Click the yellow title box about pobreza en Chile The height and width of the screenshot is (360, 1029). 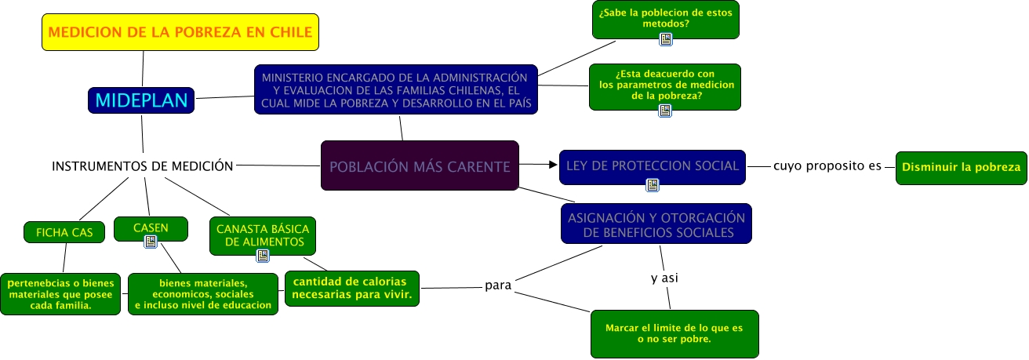(x=180, y=32)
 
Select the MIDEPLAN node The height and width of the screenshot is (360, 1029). (x=141, y=100)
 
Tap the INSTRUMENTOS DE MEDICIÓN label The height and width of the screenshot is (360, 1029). (x=142, y=165)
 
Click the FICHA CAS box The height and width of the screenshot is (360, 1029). (x=64, y=232)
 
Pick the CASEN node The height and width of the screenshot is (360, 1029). (x=151, y=227)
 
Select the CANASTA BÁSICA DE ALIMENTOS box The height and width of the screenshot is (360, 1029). (x=263, y=235)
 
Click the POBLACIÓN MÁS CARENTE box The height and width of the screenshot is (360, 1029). (x=420, y=165)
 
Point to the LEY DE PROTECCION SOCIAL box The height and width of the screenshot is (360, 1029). (x=652, y=165)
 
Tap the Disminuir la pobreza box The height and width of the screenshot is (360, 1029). (x=961, y=167)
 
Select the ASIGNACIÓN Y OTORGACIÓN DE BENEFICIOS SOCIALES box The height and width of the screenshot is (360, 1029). (x=656, y=224)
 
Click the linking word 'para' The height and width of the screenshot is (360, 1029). (x=498, y=285)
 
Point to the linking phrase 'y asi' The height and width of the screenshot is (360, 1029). (x=664, y=278)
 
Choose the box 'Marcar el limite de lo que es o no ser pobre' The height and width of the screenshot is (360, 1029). (x=674, y=334)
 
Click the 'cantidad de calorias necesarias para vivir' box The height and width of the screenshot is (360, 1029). (x=351, y=289)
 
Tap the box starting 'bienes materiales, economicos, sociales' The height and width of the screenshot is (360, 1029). (x=203, y=294)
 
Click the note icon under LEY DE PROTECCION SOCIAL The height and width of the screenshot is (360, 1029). (x=652, y=185)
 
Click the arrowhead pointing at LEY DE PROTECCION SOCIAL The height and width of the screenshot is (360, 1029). (x=551, y=165)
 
